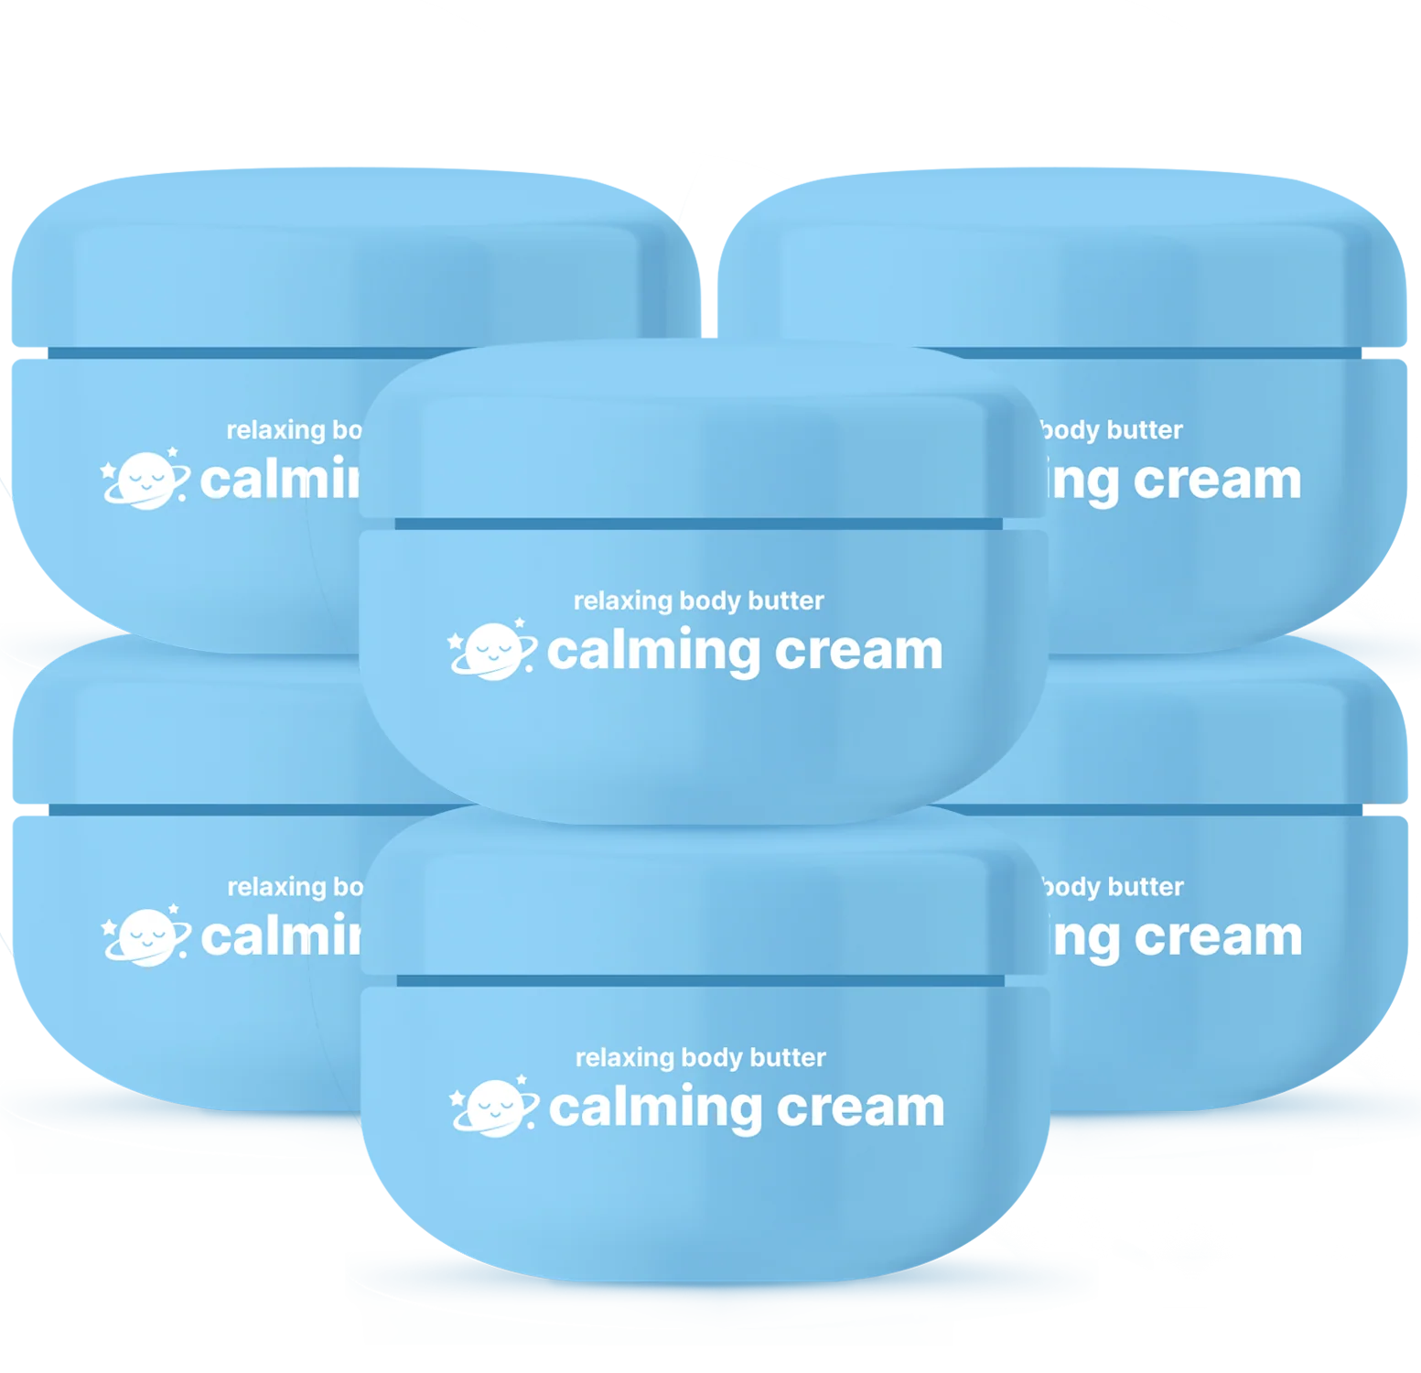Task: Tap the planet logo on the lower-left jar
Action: pos(145,936)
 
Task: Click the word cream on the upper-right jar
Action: pos(1217,481)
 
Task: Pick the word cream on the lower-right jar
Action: pos(1218,938)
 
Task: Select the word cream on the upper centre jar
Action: pos(858,652)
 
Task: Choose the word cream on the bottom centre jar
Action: pos(860,1108)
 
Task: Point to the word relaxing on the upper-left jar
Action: pos(275,430)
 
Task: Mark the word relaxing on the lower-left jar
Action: pos(276,887)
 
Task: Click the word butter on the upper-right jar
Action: pos(1145,430)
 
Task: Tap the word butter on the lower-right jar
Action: pos(1146,887)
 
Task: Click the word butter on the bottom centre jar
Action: pos(788,1058)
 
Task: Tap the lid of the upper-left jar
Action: pos(275,275)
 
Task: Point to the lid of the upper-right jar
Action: pos(1098,275)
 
